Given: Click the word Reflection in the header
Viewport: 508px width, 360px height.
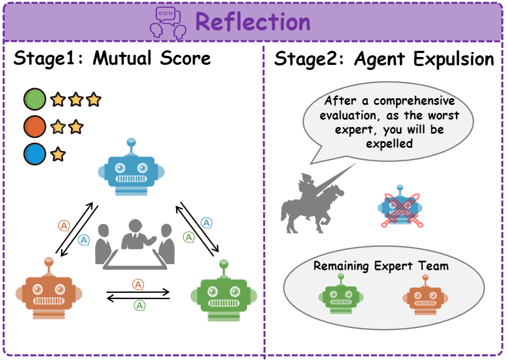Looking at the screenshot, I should [253, 22].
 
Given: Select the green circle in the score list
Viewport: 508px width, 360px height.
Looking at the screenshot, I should [34, 100].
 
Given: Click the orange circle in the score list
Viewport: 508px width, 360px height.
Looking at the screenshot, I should [34, 128].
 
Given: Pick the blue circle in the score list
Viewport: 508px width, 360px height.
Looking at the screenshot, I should [34, 155].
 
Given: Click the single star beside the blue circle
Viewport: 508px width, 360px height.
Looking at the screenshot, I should [58, 155].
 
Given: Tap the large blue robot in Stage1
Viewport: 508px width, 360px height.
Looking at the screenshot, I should [131, 168].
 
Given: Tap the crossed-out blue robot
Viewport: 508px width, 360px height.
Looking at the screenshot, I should [400, 208].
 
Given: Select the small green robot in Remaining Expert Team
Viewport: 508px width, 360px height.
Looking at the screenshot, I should [341, 296].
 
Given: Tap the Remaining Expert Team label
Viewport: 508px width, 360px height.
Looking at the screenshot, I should [381, 266].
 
